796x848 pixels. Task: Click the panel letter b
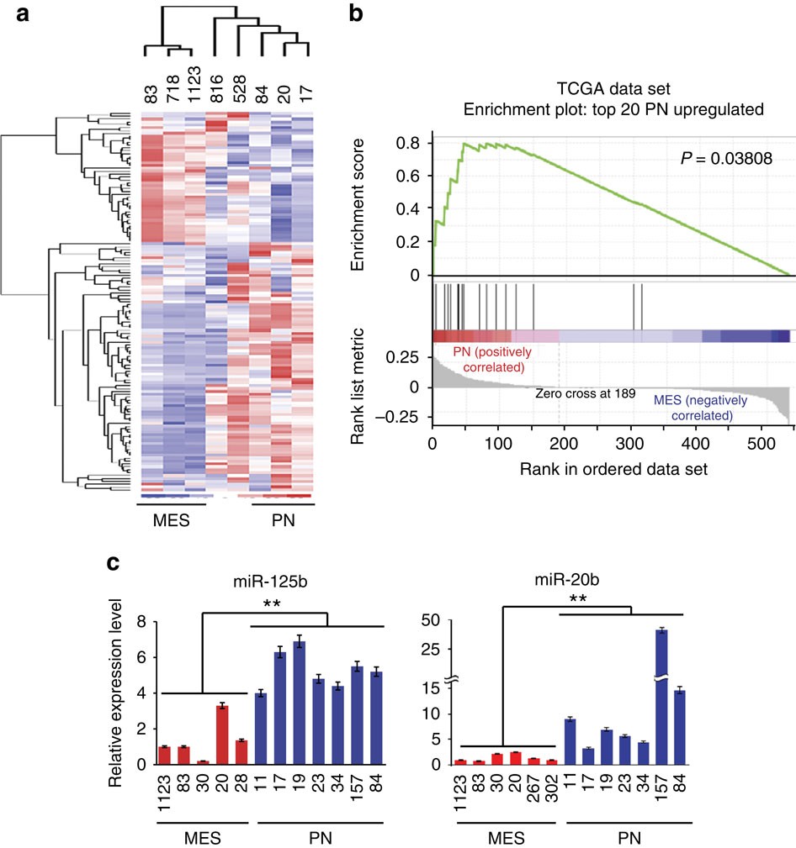355,13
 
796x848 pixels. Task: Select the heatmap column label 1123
194,84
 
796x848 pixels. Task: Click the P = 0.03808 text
726,159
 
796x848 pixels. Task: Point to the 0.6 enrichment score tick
408,176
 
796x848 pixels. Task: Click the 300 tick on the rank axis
629,444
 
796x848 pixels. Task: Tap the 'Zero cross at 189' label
586,393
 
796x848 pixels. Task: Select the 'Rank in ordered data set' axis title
613,469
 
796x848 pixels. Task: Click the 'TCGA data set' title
613,89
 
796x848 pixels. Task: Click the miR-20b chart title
567,580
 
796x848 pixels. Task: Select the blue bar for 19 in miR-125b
299,703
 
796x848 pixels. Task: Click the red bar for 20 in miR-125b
222,735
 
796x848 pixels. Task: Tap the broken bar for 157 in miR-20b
661,697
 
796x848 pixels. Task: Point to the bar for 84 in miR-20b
680,728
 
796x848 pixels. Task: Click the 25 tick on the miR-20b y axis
431,649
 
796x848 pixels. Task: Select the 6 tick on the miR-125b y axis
141,657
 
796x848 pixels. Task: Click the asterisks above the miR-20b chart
578,599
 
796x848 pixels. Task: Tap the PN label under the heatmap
284,520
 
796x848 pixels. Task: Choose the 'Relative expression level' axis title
114,693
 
